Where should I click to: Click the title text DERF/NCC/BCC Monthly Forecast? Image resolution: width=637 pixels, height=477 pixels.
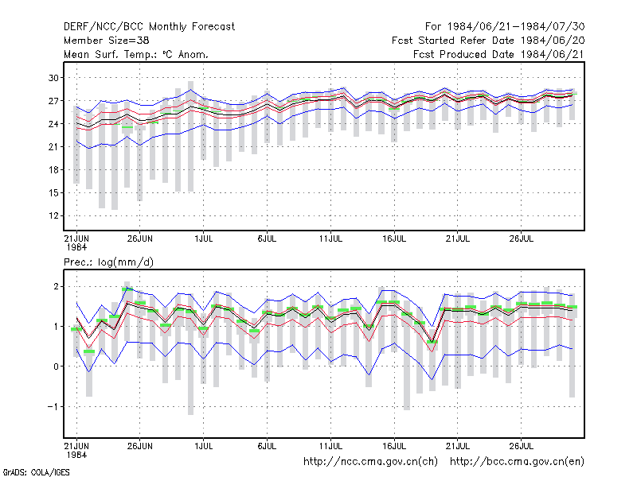click(x=149, y=27)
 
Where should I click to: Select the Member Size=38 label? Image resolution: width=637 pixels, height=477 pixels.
click(x=107, y=41)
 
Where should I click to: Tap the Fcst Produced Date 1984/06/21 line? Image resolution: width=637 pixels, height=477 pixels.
click(x=498, y=54)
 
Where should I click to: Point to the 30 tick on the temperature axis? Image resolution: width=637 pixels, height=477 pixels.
click(x=53, y=77)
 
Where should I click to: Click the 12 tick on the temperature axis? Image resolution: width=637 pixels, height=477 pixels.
click(x=53, y=215)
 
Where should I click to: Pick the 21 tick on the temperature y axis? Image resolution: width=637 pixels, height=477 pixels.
click(x=53, y=146)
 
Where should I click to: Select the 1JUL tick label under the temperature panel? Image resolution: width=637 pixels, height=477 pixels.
click(x=204, y=238)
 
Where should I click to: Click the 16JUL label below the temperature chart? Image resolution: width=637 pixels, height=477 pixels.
click(x=394, y=238)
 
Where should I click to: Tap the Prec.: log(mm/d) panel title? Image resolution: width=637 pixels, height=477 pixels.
click(x=108, y=262)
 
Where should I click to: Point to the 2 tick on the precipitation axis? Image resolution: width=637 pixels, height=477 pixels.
click(x=56, y=286)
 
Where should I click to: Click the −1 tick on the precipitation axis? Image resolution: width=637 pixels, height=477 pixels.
click(x=53, y=406)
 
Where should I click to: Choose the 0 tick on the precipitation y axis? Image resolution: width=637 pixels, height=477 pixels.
click(x=56, y=366)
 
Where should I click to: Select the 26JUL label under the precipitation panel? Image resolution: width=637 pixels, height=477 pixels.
click(x=522, y=446)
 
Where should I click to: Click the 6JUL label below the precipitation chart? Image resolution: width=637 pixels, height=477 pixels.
click(x=267, y=446)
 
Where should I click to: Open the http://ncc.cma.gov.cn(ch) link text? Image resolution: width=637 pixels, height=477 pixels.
click(x=370, y=462)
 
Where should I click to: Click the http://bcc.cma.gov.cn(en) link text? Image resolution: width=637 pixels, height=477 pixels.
click(x=517, y=462)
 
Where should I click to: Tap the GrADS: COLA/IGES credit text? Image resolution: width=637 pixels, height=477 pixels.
click(x=36, y=472)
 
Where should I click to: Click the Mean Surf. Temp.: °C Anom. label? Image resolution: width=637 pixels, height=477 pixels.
click(x=136, y=54)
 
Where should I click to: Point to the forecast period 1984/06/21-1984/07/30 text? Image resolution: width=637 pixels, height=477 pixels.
click(x=516, y=27)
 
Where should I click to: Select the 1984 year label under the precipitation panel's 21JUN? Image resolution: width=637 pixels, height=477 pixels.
click(x=76, y=455)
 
